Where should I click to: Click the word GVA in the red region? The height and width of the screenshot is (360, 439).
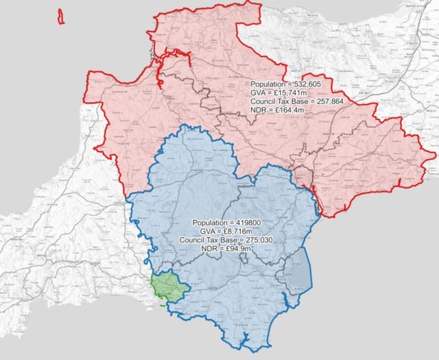pos(259,92)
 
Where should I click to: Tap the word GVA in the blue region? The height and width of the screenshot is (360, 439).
pos(209,232)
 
